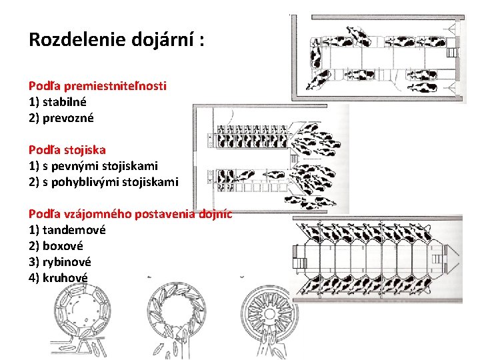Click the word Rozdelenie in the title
tap(77, 39)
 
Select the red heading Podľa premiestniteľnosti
tap(97, 86)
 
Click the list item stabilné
tap(64, 102)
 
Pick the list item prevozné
tap(68, 118)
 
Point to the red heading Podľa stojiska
tap(67, 150)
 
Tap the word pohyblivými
tap(85, 182)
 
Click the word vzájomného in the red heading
tap(98, 214)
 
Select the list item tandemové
tap(74, 230)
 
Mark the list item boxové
tap(63, 246)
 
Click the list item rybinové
tap(67, 262)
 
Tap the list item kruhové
tap(65, 278)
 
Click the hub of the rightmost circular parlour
tap(269, 314)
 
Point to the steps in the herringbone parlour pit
tap(300, 263)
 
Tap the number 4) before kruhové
tap(34, 278)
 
